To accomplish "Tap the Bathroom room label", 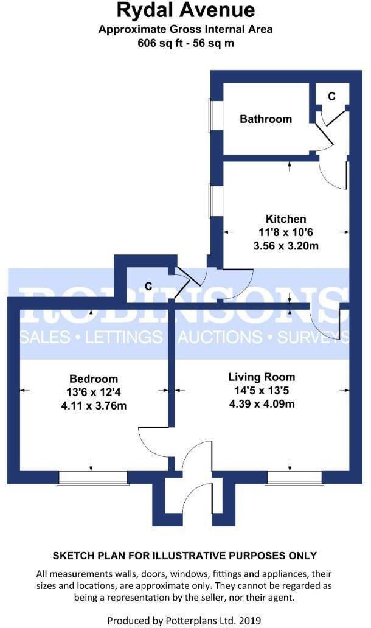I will (x=266, y=119).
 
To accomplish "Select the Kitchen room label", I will (x=286, y=219).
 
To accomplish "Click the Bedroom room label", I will (x=94, y=379).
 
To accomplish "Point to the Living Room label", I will (x=262, y=377).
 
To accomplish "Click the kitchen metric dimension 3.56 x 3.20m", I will (x=286, y=246).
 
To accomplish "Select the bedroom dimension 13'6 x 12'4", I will (x=94, y=392).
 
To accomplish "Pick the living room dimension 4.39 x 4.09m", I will (x=262, y=403).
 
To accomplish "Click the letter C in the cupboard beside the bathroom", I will (x=331, y=96).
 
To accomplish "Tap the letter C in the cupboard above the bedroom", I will (x=148, y=285).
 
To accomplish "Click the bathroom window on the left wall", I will (x=211, y=115).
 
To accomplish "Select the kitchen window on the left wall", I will (x=211, y=201).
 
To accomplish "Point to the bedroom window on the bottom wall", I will (x=93, y=479).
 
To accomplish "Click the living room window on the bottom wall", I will (x=294, y=479).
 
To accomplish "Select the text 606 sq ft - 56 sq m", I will (x=185, y=43).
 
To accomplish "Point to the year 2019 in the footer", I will (x=249, y=620).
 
